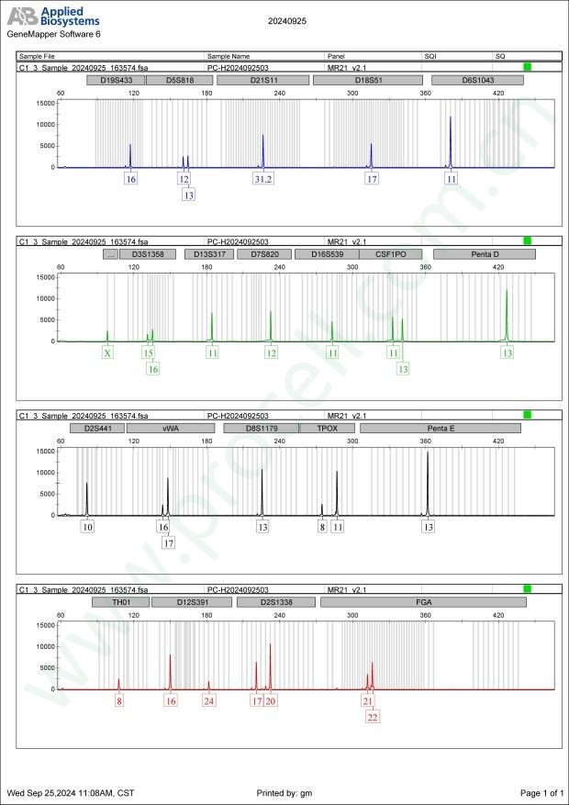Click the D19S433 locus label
[110, 80]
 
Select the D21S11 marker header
[258, 80]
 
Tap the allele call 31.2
[263, 179]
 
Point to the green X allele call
[107, 352]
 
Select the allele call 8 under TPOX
[322, 527]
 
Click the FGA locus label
[423, 602]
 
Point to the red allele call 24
[209, 700]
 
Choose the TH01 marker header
[118, 602]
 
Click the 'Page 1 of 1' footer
[541, 792]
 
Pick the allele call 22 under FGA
[373, 717]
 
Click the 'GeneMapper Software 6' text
[53, 33]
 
